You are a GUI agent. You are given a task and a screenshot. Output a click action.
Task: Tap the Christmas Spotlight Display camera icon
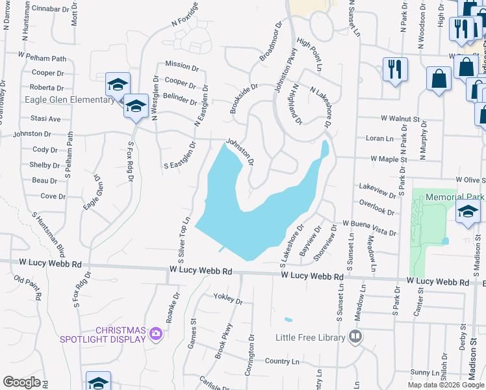(156, 334)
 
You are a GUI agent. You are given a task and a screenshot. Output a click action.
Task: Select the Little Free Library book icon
(355, 336)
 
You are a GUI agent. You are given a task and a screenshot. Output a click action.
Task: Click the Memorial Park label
(458, 196)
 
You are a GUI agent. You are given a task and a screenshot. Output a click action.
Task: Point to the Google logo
(21, 382)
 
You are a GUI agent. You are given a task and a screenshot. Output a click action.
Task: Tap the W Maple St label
(388, 159)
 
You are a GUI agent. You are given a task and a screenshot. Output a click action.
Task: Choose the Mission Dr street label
(181, 66)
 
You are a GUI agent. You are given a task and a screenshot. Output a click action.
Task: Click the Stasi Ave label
(45, 119)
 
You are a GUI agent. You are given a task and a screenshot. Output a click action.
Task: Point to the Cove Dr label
(53, 196)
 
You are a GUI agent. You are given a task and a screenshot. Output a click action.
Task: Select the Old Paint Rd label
(28, 288)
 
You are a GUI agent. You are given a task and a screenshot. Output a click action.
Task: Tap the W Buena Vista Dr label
(369, 227)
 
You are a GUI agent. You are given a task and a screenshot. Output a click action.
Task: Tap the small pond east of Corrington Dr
(288, 319)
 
